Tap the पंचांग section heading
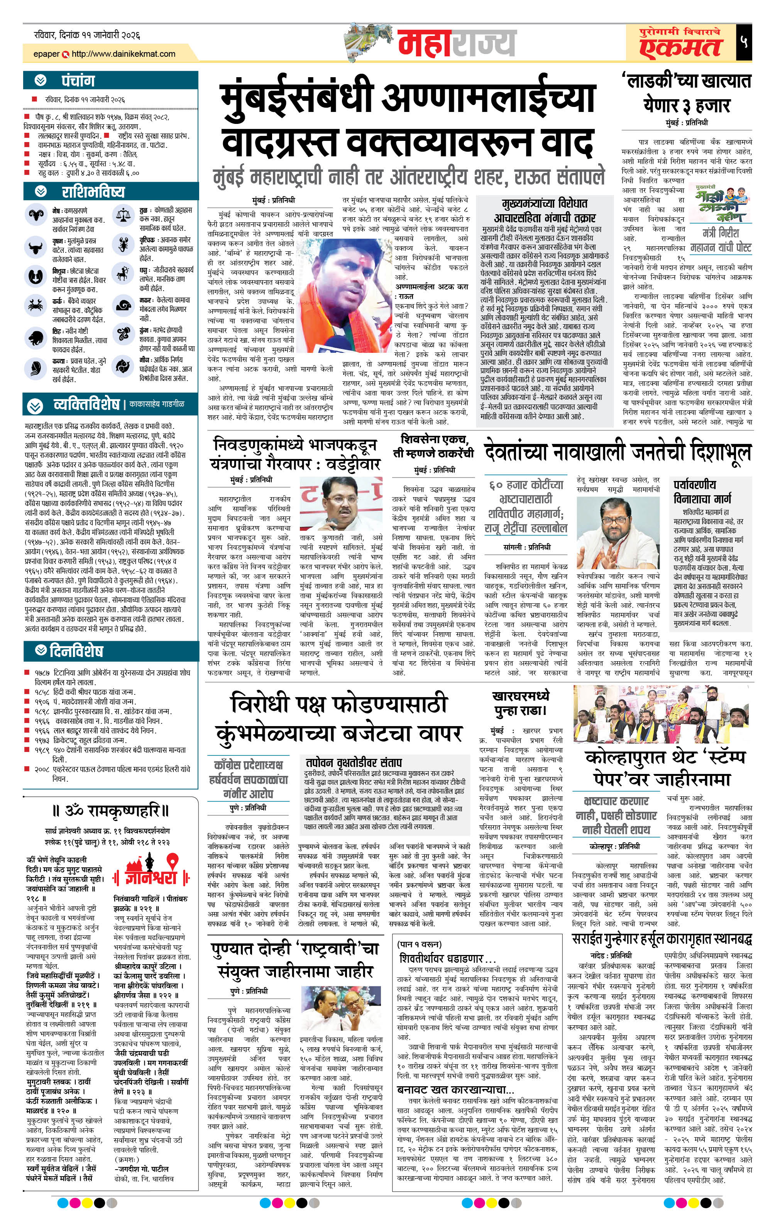point(78,81)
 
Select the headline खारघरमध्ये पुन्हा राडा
point(520,703)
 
